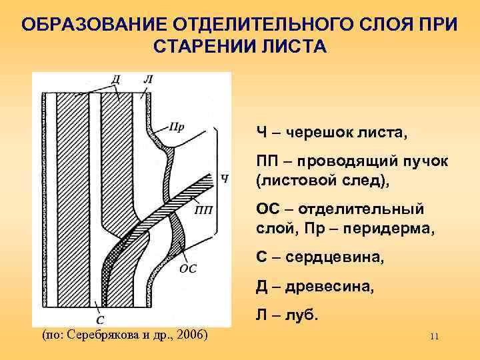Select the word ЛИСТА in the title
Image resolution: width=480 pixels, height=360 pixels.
(x=298, y=48)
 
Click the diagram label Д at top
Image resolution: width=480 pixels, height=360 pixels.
(x=116, y=79)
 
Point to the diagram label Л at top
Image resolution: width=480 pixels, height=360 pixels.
(x=147, y=79)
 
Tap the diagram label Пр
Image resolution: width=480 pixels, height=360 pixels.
(x=177, y=127)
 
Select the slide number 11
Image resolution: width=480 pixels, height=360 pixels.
(x=434, y=337)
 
